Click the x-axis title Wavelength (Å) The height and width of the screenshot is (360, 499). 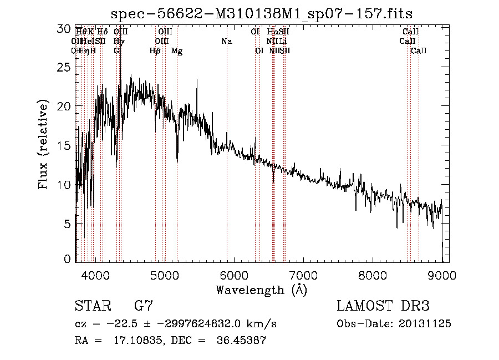[x=261, y=289]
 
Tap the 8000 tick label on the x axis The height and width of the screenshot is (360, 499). [x=373, y=275]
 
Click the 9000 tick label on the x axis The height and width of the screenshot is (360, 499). [x=442, y=275]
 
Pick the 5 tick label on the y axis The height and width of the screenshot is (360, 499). [x=68, y=224]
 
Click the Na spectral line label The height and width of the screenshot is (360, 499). [x=226, y=42]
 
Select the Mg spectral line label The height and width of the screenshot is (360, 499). [x=177, y=51]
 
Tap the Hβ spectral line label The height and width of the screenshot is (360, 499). [x=155, y=51]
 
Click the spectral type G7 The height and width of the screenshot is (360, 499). [x=143, y=306]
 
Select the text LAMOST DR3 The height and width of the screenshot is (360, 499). [x=383, y=306]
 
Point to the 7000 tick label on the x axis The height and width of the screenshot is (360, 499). [x=303, y=275]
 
